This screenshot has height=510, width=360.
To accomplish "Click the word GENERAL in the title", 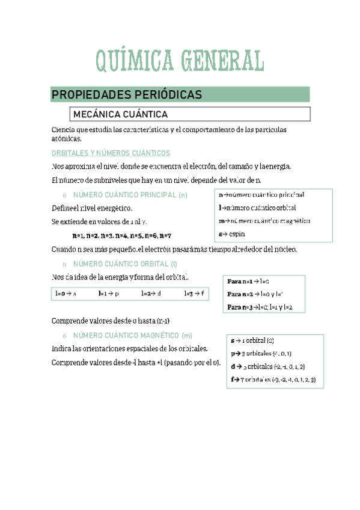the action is coord(221,61).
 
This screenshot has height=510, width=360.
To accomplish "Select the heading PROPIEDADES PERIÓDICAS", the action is coord(126,95).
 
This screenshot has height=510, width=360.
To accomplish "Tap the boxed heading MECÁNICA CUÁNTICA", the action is coord(120,114).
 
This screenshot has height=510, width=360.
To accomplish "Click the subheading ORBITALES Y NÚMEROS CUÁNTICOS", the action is coord(111,153).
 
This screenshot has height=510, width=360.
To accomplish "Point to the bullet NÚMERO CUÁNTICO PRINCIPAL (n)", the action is coord(130,195).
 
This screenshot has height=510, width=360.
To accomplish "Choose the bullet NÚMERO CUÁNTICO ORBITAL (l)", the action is coord(125,264).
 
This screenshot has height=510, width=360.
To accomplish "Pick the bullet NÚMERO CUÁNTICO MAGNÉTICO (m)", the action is coord(132,335).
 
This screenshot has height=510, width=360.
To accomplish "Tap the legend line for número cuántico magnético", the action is coord(264,221).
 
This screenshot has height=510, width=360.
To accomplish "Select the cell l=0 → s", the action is coord(65,293).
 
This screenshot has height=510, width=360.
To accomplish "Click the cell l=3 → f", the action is coord(194,293).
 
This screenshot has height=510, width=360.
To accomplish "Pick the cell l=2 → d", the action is coord(151,293).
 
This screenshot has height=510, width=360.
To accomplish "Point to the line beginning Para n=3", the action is coord(260,307).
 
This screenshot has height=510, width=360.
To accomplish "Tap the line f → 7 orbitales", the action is coord(273,379).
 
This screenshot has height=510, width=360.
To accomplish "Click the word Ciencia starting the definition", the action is coord(63,130).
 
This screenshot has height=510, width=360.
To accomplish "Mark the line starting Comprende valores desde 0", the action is coord(114,321).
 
